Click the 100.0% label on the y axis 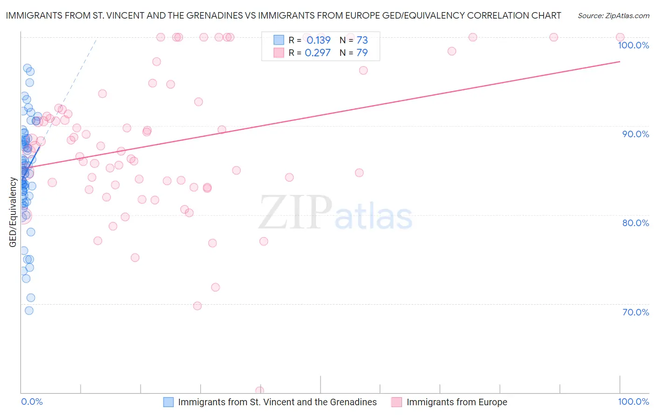point(633,45)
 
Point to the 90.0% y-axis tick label point(635,134)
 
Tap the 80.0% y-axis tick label point(635,223)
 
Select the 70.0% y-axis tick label point(635,312)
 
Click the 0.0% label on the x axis point(32,402)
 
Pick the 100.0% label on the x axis point(633,402)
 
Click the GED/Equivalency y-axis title point(13,212)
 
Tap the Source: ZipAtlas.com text point(613,15)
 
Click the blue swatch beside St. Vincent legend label point(168,402)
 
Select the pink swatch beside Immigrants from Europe point(396,402)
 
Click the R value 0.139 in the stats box point(318,40)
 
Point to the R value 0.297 point(317,53)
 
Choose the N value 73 point(362,40)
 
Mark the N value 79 point(362,53)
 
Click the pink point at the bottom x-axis point(259,390)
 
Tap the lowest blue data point point(29,310)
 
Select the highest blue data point point(27,68)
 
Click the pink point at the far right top point(620,37)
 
